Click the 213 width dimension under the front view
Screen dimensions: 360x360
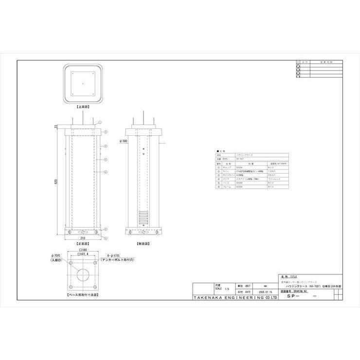85,238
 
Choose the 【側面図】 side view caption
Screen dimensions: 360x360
144,243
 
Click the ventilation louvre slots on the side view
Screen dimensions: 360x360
144,217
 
